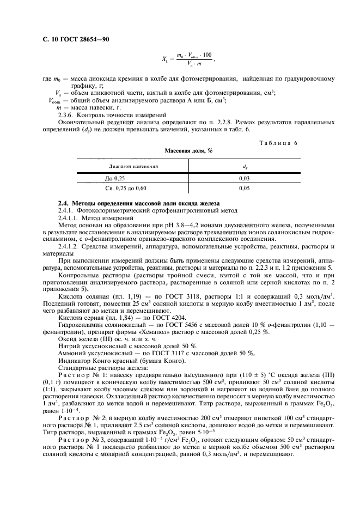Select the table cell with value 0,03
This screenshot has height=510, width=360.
pyautogui.click(x=244, y=178)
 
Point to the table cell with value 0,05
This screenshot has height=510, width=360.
pyautogui.click(x=244, y=188)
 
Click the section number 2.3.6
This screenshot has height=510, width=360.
pyautogui.click(x=66, y=115)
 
